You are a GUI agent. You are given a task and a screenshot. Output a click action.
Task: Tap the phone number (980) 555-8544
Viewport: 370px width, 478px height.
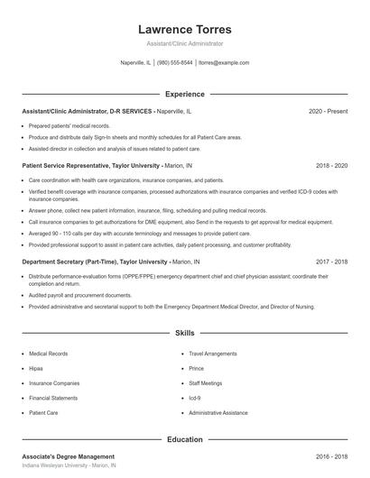pos(175,63)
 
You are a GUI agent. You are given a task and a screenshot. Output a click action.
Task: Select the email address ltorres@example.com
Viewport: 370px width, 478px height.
pos(224,63)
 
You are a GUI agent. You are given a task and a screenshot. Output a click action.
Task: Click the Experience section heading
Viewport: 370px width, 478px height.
pos(184,94)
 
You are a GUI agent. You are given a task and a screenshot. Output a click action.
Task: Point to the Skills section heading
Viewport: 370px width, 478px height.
pos(184,333)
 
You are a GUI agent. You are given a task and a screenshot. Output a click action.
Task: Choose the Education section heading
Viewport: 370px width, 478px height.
pos(184,439)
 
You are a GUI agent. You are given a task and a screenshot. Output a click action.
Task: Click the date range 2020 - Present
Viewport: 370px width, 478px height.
pos(328,111)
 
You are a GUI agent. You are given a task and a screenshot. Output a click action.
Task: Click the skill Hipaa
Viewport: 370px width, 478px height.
pos(37,368)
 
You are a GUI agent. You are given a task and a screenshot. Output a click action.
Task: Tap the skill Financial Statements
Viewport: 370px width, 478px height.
pos(53,397)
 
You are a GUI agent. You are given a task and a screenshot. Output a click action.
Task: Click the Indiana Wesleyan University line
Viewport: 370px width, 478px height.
pos(70,466)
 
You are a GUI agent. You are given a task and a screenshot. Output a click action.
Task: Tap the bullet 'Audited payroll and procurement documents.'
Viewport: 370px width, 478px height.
pos(79,295)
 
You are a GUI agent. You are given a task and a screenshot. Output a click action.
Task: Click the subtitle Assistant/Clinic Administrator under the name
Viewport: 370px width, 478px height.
pos(184,43)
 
